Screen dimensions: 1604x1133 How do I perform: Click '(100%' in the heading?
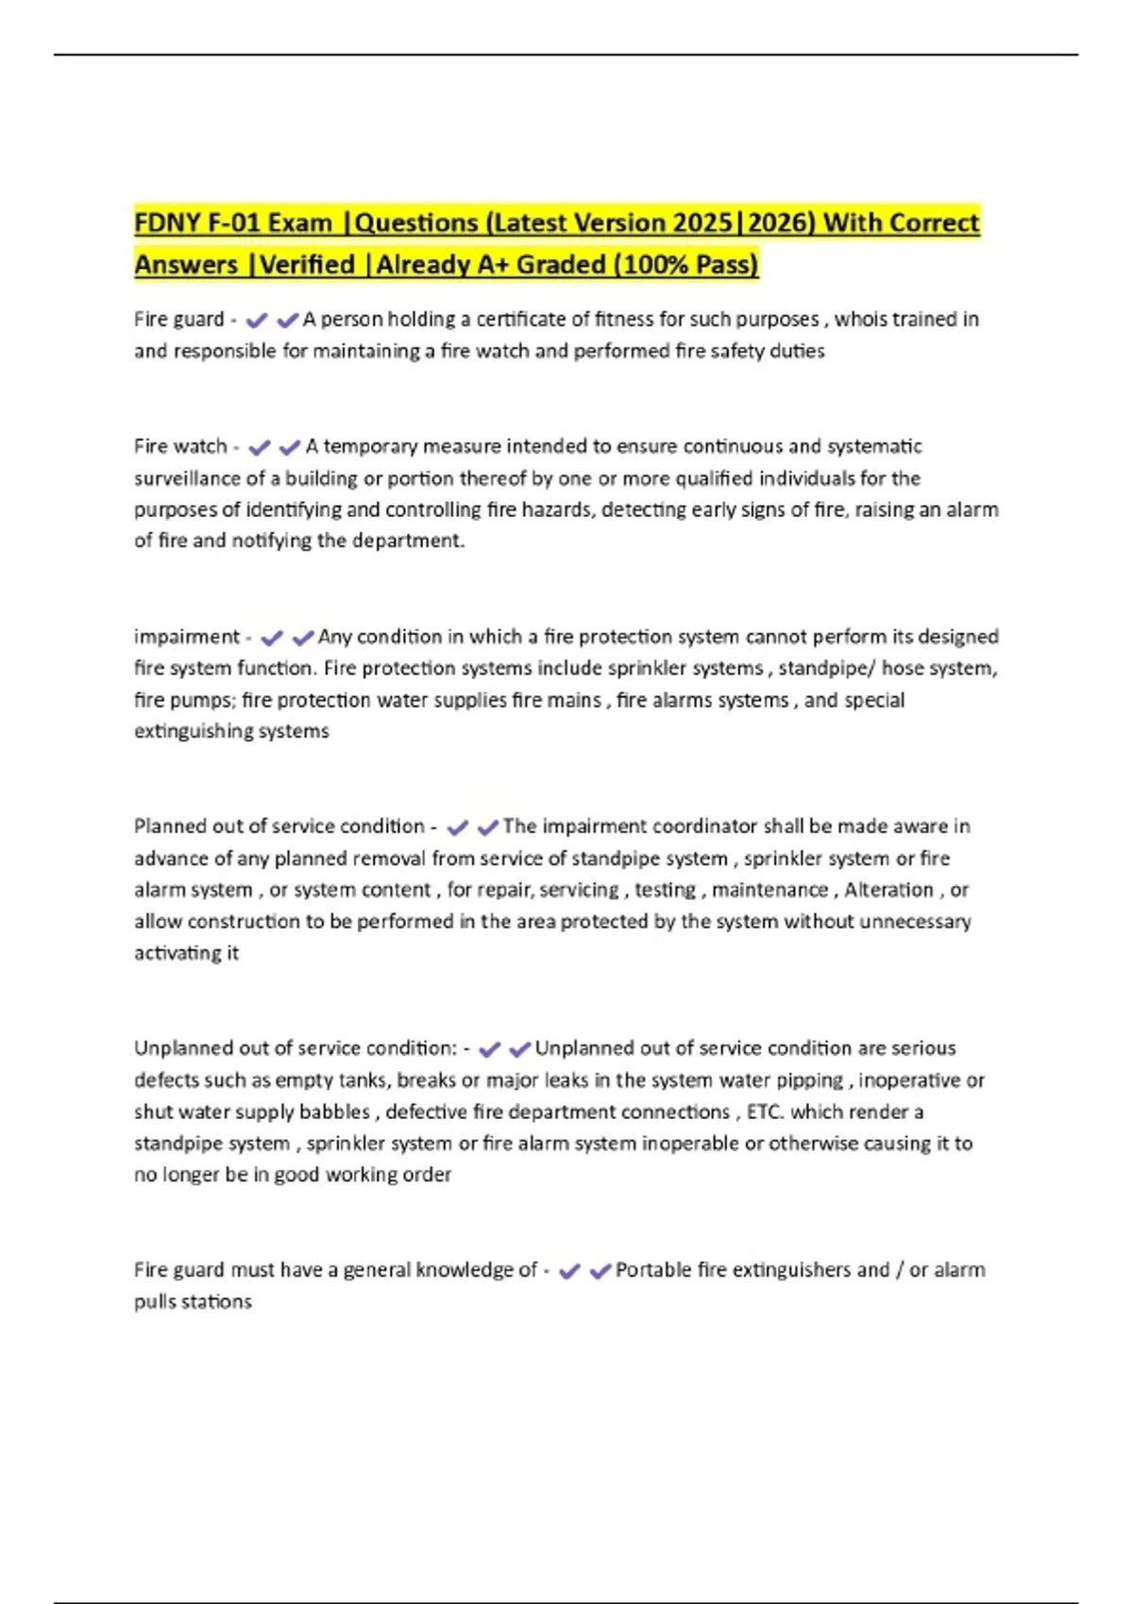(651, 265)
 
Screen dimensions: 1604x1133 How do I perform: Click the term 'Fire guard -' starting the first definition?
(185, 320)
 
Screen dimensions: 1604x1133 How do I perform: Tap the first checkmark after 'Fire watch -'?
(259, 447)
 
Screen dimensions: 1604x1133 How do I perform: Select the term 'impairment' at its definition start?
(187, 637)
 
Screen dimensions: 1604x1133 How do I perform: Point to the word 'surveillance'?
(188, 478)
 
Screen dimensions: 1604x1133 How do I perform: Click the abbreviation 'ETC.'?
(765, 1112)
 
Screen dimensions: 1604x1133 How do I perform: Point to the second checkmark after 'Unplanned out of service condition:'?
(519, 1049)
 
